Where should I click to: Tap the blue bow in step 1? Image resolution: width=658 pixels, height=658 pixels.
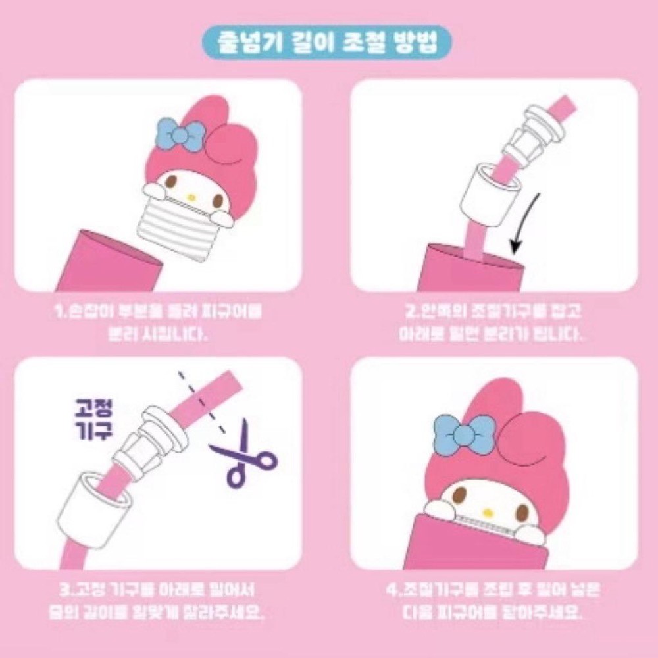point(180,136)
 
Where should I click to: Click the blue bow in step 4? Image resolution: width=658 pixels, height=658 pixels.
point(467,434)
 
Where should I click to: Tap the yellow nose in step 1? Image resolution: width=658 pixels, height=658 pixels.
point(191,196)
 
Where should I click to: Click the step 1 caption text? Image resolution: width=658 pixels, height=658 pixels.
point(157,322)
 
